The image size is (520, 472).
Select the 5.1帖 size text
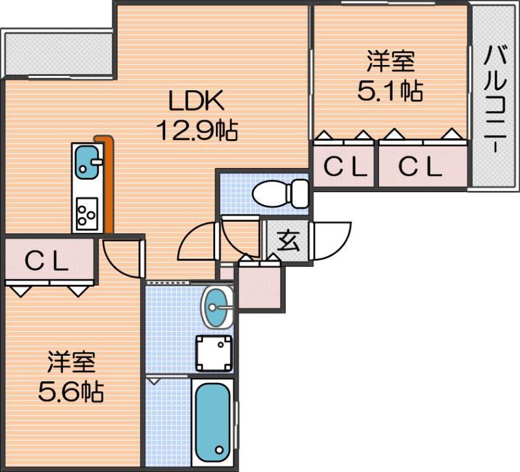pos(390,92)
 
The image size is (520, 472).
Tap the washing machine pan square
pos(214,353)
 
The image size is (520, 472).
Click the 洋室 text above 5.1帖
pos(390,63)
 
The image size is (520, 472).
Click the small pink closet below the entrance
pos(260,287)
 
